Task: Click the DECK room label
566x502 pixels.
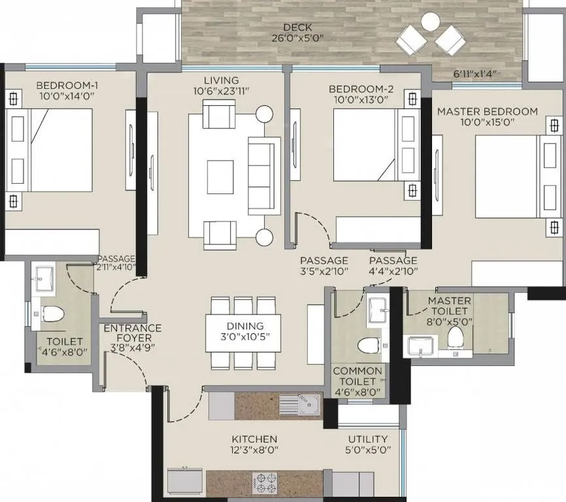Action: click(297, 27)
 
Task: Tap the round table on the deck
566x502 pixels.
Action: click(430, 22)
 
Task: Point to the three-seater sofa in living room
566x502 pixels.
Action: click(263, 175)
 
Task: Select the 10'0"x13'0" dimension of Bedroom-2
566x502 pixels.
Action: click(358, 100)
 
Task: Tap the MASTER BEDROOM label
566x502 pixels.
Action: click(488, 111)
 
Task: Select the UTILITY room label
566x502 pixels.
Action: click(368, 439)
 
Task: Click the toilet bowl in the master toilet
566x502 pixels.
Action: click(456, 337)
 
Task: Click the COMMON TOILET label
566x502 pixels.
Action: click(358, 371)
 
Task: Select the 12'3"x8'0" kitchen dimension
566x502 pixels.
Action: click(254, 450)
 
